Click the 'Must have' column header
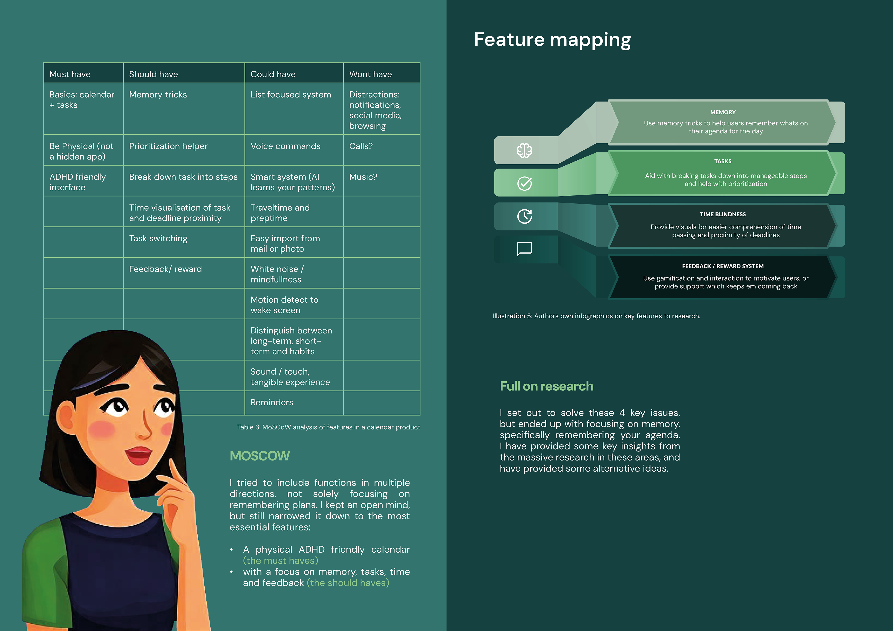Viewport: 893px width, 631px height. tap(70, 74)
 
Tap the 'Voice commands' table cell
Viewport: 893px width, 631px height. tap(286, 146)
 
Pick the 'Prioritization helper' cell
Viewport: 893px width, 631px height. tap(168, 146)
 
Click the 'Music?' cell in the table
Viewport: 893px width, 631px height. tap(363, 177)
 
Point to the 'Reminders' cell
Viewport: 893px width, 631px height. tap(272, 402)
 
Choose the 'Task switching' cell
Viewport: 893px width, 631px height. tap(158, 238)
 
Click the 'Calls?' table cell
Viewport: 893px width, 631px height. tap(360, 146)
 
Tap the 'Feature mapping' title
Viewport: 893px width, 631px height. tap(552, 40)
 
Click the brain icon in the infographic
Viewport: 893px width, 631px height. tap(524, 150)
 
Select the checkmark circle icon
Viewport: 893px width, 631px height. tap(524, 183)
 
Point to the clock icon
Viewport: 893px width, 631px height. tap(524, 216)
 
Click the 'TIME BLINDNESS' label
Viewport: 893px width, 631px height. tap(723, 214)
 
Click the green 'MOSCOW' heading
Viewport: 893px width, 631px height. tap(260, 456)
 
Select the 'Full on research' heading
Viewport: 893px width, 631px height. tap(546, 386)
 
